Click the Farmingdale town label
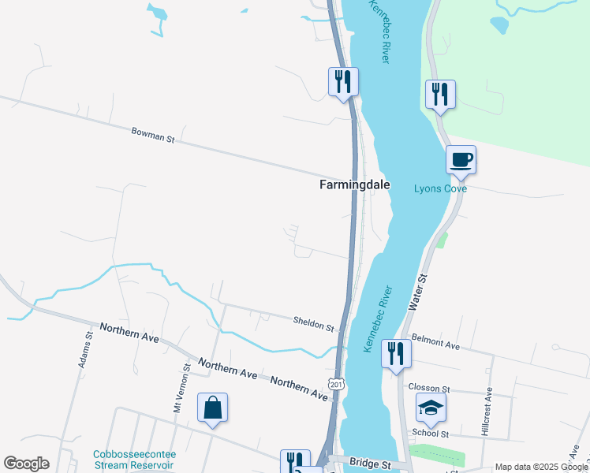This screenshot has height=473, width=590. (x=353, y=184)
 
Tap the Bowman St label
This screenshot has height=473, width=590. (x=152, y=137)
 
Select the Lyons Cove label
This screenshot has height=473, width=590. (x=441, y=188)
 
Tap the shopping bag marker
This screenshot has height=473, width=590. (x=212, y=408)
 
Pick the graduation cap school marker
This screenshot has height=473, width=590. (x=431, y=408)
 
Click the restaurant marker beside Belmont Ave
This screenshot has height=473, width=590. (x=396, y=352)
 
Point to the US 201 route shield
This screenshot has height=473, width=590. (x=338, y=384)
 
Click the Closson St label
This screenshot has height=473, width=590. (x=429, y=389)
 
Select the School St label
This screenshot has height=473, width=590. (x=431, y=434)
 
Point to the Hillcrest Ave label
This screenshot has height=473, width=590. (x=487, y=411)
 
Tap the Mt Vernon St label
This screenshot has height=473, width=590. (x=187, y=387)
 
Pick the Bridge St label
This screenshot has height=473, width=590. (x=372, y=465)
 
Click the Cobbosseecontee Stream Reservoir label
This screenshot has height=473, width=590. (x=134, y=460)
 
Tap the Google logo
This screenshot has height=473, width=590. (x=26, y=464)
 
